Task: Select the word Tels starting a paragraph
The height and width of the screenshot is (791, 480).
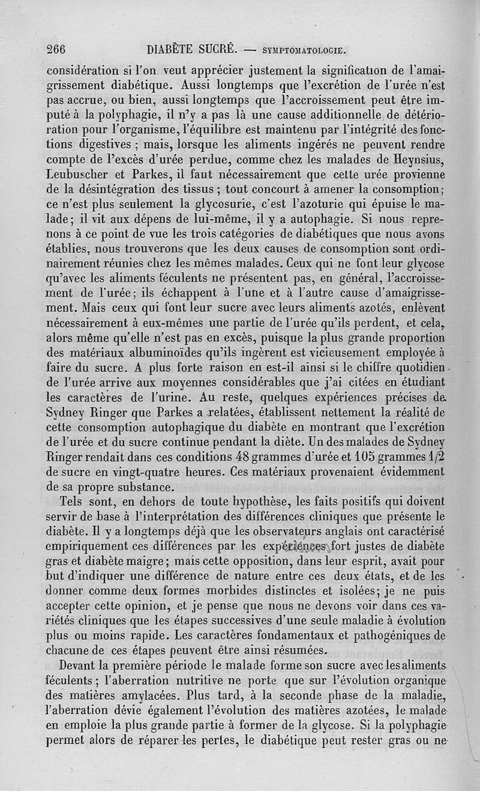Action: point(72,501)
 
